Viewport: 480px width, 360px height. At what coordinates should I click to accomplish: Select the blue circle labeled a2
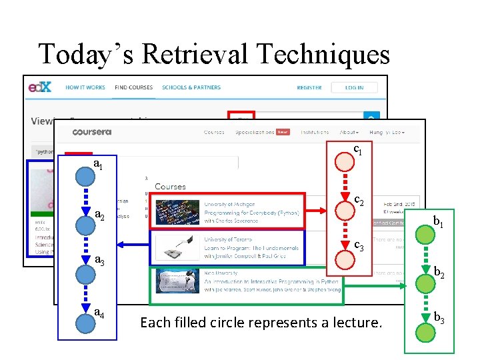(85, 225)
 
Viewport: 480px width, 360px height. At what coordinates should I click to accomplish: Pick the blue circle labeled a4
(85, 323)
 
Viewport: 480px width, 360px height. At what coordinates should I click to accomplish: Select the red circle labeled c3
(345, 259)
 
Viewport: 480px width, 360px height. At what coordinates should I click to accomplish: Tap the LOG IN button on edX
(354, 87)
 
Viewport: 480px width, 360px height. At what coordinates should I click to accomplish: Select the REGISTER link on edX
(309, 87)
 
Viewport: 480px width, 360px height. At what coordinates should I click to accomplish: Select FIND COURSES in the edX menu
(133, 87)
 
